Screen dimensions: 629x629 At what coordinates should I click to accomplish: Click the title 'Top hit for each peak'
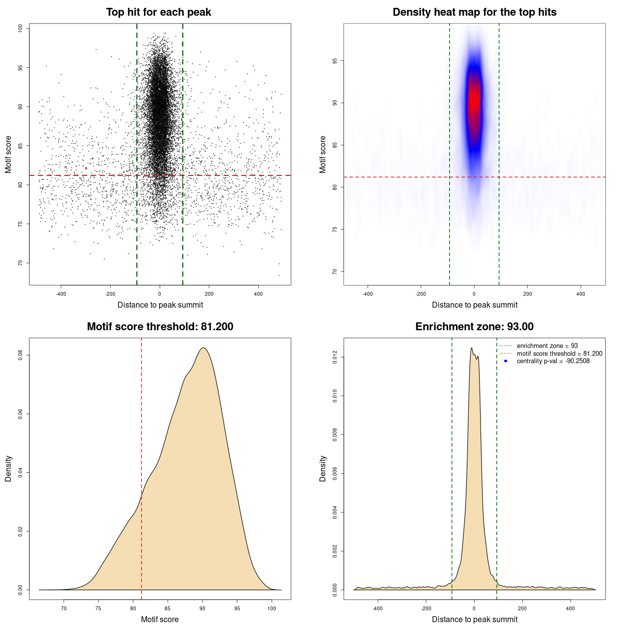pyautogui.click(x=158, y=12)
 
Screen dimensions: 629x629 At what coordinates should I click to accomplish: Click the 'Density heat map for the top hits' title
pyautogui.click(x=474, y=12)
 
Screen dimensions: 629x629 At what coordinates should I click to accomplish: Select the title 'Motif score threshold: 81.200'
pyautogui.click(x=160, y=327)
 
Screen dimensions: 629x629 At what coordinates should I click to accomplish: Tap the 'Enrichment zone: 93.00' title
pyautogui.click(x=474, y=327)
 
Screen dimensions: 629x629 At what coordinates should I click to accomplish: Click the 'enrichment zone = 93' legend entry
pyautogui.click(x=547, y=346)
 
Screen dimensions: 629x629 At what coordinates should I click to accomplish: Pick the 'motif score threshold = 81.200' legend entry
pyautogui.click(x=559, y=354)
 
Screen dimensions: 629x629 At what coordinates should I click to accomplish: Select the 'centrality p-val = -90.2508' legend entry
pyautogui.click(x=553, y=361)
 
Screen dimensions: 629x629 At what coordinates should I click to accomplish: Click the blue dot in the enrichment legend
pyautogui.click(x=506, y=361)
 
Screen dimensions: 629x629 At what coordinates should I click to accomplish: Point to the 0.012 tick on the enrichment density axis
pyautogui.click(x=335, y=357)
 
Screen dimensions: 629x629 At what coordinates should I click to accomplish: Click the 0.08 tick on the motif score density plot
pyautogui.click(x=21, y=355)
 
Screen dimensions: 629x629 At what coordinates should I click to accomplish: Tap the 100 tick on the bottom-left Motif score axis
pyautogui.click(x=272, y=609)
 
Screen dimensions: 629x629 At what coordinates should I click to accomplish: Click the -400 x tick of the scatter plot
pyautogui.click(x=61, y=294)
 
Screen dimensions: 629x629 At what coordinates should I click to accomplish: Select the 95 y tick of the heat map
pyautogui.click(x=335, y=61)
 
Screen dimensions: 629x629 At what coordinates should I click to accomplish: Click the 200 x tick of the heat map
pyautogui.click(x=527, y=294)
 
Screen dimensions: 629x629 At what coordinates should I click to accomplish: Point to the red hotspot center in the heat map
pyautogui.click(x=474, y=101)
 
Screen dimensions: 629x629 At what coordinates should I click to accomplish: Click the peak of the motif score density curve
pyautogui.click(x=203, y=348)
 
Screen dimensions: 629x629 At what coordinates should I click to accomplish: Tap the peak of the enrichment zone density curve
pyautogui.click(x=471, y=348)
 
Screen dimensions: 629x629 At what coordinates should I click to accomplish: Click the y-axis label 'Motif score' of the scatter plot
pyautogui.click(x=8, y=154)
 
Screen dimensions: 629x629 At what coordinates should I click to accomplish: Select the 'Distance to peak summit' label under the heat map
pyautogui.click(x=474, y=305)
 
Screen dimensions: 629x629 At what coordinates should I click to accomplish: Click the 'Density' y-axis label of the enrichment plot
pyautogui.click(x=323, y=468)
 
